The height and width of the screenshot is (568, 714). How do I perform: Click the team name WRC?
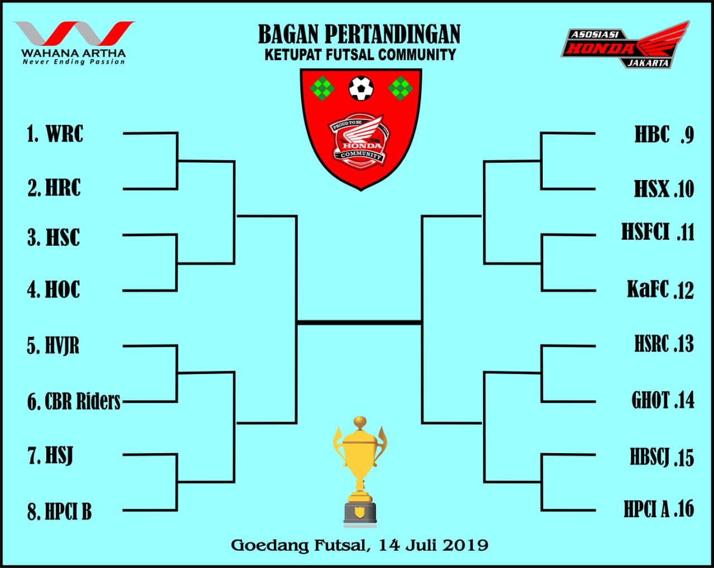(65, 134)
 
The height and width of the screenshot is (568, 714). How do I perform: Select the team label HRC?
(63, 188)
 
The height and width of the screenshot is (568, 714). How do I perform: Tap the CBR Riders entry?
(83, 401)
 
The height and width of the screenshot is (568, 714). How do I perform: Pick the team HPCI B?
(69, 511)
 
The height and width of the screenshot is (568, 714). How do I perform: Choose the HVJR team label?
(62, 346)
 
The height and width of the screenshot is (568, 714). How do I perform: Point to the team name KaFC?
(648, 289)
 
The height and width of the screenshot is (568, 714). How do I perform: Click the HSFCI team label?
(645, 231)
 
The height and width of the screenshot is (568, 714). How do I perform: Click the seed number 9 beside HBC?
(687, 135)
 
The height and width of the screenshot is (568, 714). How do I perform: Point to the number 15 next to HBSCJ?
(684, 458)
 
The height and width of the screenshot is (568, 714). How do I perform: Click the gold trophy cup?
(360, 472)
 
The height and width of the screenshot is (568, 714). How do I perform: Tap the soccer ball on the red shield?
(361, 88)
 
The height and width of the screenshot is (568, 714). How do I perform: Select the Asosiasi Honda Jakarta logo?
(625, 45)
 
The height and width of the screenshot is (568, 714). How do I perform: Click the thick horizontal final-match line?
(359, 322)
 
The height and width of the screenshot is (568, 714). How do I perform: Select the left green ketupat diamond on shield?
(322, 89)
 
